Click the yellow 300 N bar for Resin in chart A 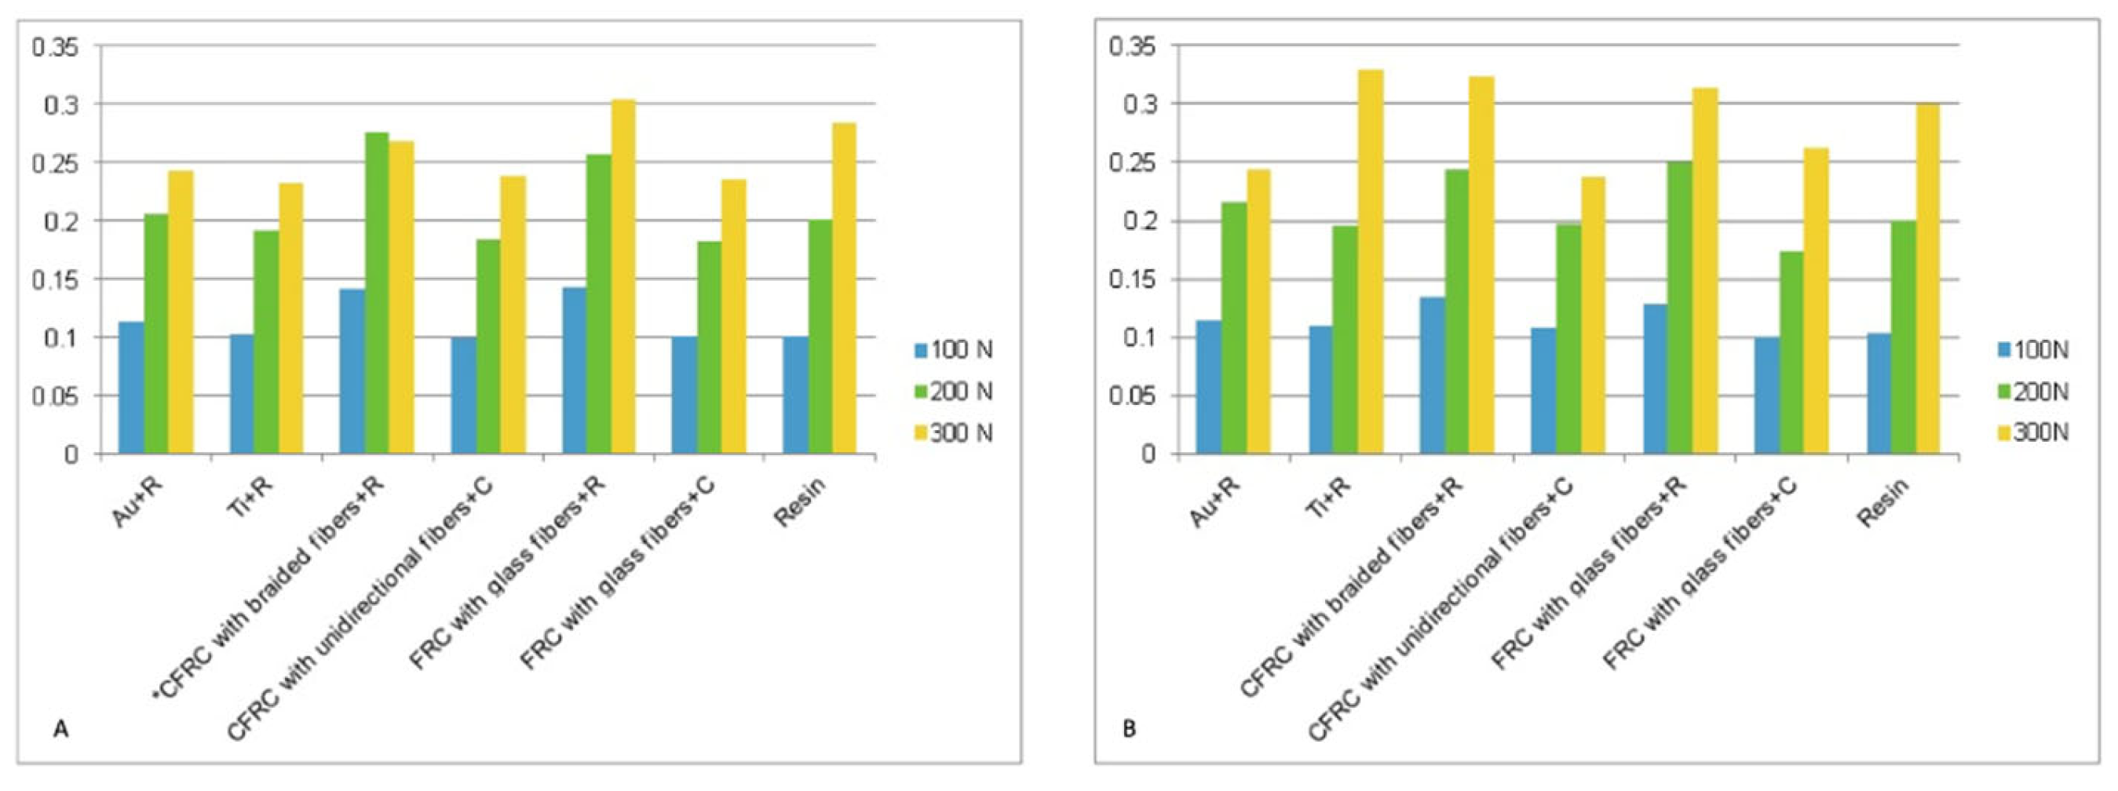[844, 288]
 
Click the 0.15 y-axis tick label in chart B [1131, 280]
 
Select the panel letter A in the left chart [60, 729]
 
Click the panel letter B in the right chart [1129, 729]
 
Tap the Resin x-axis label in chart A [798, 502]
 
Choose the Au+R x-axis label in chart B [1214, 502]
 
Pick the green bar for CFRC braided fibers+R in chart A [377, 293]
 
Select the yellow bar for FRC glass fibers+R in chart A [623, 276]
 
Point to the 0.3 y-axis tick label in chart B [1140, 104]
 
